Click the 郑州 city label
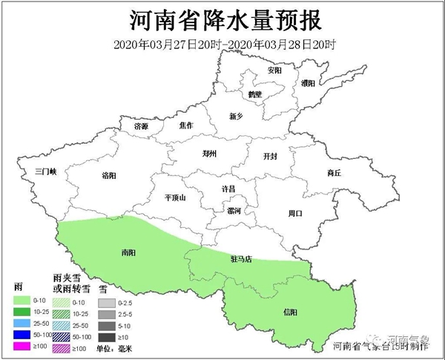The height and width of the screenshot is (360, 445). [x=209, y=154]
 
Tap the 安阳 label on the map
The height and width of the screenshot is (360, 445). [x=274, y=71]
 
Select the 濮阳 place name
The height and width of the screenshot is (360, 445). [x=310, y=84]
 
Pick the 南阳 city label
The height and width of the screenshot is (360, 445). [x=128, y=252]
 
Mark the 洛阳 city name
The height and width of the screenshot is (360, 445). [x=108, y=177]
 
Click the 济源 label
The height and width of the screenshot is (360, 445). [x=141, y=127]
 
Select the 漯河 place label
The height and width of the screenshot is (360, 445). [x=222, y=210]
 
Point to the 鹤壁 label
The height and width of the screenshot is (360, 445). [x=255, y=94]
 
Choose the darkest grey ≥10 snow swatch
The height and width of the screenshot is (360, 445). [x=107, y=336]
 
